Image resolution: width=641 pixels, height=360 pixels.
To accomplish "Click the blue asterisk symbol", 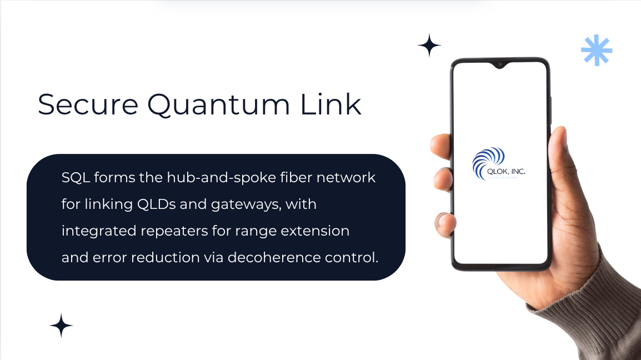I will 597,51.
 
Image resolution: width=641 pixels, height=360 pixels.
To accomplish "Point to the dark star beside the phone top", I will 429,45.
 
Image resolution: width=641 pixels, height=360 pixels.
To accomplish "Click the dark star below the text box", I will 61,326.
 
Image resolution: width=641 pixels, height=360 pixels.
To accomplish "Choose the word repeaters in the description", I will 179,231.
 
